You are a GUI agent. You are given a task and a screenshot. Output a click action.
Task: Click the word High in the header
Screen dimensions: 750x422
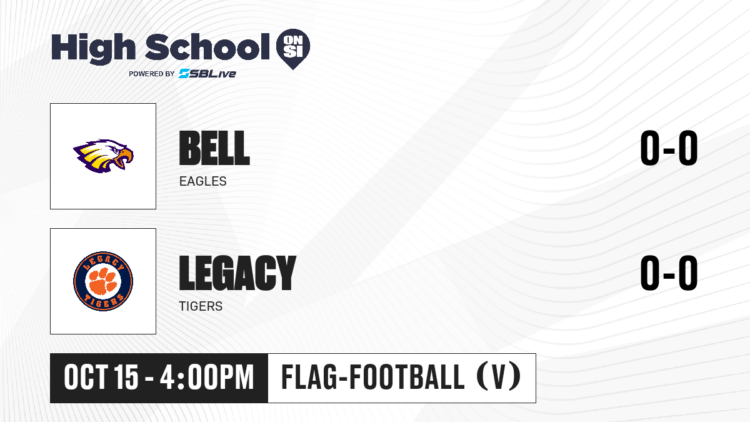click(x=93, y=48)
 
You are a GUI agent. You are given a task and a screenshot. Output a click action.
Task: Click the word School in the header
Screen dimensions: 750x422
click(x=207, y=47)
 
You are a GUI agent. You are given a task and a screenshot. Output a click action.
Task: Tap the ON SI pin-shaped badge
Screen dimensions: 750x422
click(x=293, y=49)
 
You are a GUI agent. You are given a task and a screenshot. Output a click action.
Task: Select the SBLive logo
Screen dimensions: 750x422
click(x=207, y=74)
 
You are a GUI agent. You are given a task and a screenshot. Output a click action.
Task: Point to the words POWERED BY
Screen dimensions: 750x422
click(x=152, y=74)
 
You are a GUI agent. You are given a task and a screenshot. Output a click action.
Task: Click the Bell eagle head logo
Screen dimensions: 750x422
click(x=103, y=156)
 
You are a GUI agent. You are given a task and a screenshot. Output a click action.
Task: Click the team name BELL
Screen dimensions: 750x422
click(x=214, y=148)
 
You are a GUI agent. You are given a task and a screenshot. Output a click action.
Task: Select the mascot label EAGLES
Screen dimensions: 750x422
click(x=203, y=181)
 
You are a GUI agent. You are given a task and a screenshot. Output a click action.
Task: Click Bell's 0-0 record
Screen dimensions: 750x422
click(x=669, y=148)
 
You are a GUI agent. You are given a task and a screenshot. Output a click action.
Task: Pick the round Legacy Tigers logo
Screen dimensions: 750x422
click(x=103, y=281)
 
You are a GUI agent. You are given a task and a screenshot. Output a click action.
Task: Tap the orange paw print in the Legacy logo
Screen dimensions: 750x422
click(x=103, y=281)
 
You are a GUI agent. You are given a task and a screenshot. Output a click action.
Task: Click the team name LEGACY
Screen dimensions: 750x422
click(x=237, y=273)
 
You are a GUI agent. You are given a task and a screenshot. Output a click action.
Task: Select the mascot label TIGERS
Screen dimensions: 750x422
click(x=201, y=306)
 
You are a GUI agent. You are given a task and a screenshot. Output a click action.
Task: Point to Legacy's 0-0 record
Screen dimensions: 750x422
click(x=669, y=273)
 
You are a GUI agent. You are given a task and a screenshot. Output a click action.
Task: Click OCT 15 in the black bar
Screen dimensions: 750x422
click(x=101, y=378)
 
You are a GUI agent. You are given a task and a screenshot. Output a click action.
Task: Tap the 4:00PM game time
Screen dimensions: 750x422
click(x=207, y=378)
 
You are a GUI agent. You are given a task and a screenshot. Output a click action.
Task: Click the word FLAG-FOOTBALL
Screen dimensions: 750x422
click(x=373, y=378)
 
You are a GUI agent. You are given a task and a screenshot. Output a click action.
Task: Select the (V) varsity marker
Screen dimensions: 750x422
click(x=499, y=378)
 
